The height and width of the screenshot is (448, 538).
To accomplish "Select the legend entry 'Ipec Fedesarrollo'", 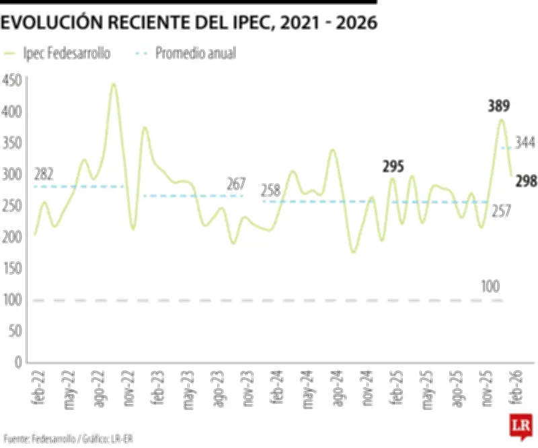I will point(65,53).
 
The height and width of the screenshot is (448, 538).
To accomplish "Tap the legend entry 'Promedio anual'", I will point(195,53).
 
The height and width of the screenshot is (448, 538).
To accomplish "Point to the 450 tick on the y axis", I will point(13,80).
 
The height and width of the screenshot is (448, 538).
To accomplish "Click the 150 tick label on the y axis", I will point(13,268).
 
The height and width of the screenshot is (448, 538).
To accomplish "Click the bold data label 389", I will point(498,106).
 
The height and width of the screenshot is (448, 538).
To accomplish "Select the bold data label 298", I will point(525,180).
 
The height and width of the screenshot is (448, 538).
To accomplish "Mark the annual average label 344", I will point(525,143).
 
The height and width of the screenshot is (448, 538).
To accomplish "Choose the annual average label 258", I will point(270,190).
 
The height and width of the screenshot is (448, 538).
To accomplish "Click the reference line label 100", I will point(490,287).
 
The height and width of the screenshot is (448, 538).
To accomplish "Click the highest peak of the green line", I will point(113,84).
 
